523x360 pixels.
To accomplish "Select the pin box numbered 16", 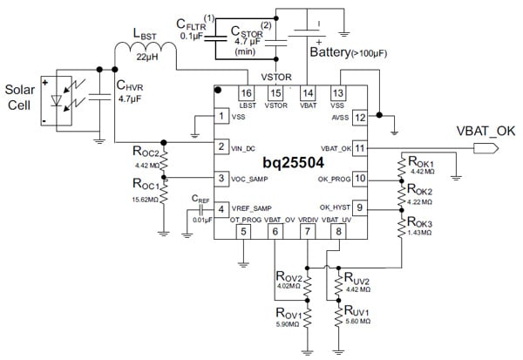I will point(246,92).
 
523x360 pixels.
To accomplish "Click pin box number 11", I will point(358,148).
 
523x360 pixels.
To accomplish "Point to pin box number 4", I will point(222,209).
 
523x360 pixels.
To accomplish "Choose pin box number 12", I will point(358,117).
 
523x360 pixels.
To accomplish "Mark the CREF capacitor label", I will point(201,200).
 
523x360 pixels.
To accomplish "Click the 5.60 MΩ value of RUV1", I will point(359,321).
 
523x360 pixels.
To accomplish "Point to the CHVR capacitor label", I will point(132,85).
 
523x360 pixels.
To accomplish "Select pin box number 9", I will point(358,207).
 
